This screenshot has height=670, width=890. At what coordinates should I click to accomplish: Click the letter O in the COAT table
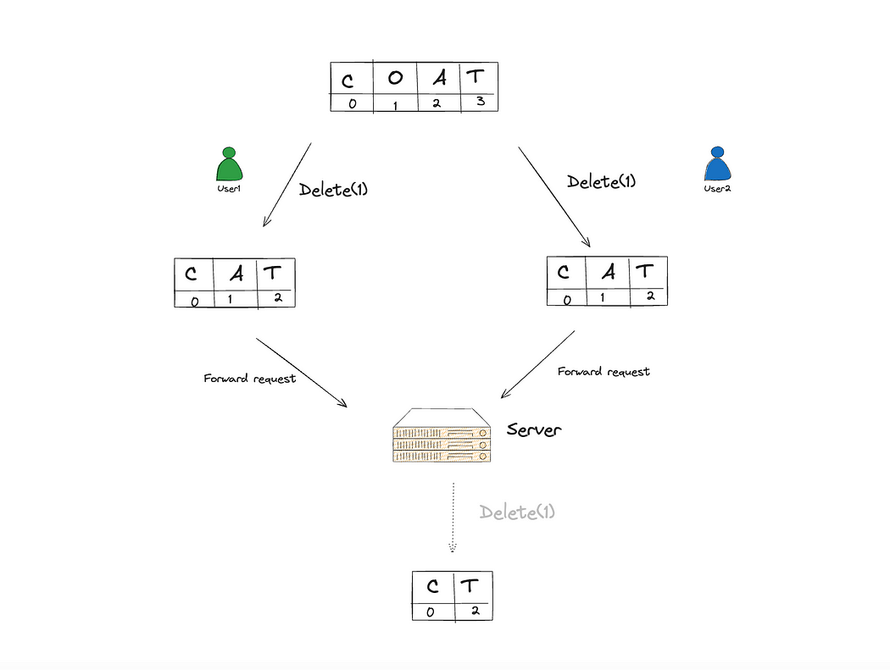pos(395,79)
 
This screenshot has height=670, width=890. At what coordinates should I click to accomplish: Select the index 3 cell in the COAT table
pos(478,102)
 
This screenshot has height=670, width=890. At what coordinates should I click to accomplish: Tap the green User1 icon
pos(227,165)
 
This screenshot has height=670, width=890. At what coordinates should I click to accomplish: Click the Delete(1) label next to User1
pos(333,190)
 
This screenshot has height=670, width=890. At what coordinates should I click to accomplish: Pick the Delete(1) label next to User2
pos(601,180)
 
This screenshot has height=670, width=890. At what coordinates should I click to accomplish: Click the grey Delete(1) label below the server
pos(517,512)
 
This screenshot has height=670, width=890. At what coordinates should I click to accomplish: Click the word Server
pos(534,429)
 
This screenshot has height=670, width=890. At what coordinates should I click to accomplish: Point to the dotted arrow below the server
pos(453,517)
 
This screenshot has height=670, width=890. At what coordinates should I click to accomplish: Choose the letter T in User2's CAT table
pos(645,271)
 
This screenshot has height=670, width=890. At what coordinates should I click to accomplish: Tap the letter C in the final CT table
pos(433,586)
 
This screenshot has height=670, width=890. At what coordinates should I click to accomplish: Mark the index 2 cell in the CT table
pos(474,611)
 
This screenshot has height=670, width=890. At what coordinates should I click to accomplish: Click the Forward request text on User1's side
pos(250,379)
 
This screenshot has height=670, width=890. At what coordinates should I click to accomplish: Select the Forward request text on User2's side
pos(604,371)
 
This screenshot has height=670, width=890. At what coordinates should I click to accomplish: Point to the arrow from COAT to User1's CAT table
pos(287,185)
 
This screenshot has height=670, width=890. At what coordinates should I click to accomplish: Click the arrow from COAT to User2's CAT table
pos(554,196)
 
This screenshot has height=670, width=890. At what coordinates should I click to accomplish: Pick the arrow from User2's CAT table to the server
pos(538,363)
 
